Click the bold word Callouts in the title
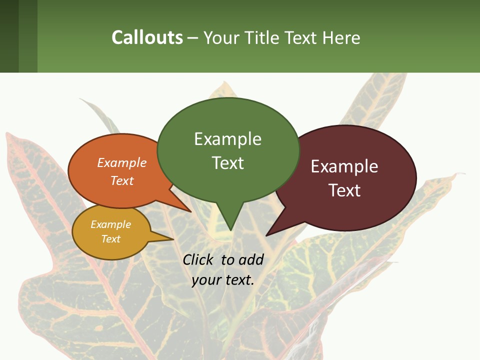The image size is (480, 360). pyautogui.click(x=147, y=37)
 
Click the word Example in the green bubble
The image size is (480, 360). pyautogui.click(x=227, y=139)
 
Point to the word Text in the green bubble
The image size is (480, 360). pyautogui.click(x=227, y=162)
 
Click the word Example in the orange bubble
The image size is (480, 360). pyautogui.click(x=122, y=162)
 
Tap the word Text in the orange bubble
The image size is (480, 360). pyautogui.click(x=122, y=180)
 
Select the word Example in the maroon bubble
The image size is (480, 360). pyautogui.click(x=344, y=166)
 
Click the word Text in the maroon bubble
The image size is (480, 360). pyautogui.click(x=344, y=190)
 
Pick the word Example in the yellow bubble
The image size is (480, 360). pyautogui.click(x=110, y=224)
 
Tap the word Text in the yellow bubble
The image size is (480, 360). pyautogui.click(x=110, y=239)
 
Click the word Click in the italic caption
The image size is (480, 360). pyautogui.click(x=198, y=259)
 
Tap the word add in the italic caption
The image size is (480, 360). pyautogui.click(x=251, y=259)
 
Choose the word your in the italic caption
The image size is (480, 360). pyautogui.click(x=205, y=280)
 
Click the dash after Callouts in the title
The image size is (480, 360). pyautogui.click(x=193, y=37)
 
